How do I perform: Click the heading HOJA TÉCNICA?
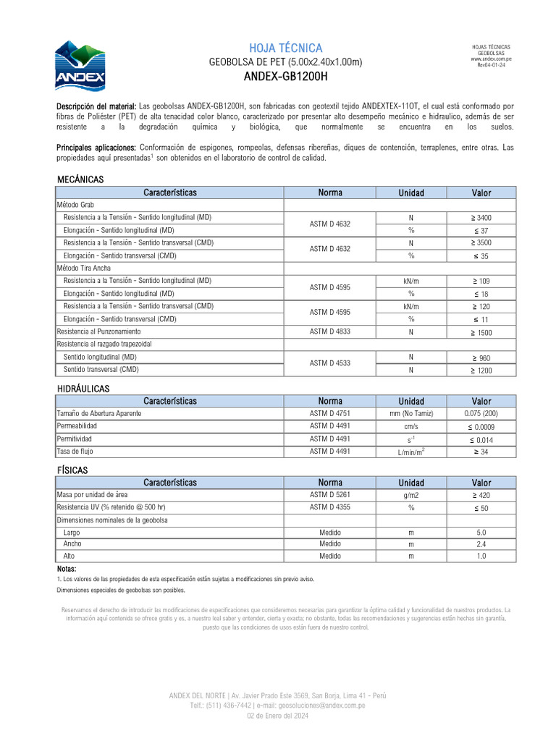point(285,48)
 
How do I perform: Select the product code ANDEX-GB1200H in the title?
point(285,76)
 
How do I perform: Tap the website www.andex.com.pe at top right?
point(491,59)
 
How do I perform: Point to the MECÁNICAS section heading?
point(80,179)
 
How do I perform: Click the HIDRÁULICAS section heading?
point(83,389)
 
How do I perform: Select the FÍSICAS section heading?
point(72,470)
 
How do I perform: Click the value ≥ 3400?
point(481,218)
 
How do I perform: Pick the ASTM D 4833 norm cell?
point(329,331)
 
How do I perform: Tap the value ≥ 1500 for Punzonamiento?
point(481,332)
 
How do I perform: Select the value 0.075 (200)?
point(481,414)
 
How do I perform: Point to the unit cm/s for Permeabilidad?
point(410,426)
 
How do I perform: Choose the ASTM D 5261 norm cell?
point(329,495)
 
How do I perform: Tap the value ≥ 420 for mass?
point(481,495)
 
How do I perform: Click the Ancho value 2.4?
point(481,543)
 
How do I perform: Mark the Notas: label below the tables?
point(66,569)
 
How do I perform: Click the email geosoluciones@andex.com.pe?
point(322,705)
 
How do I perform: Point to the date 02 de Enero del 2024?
point(278,715)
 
